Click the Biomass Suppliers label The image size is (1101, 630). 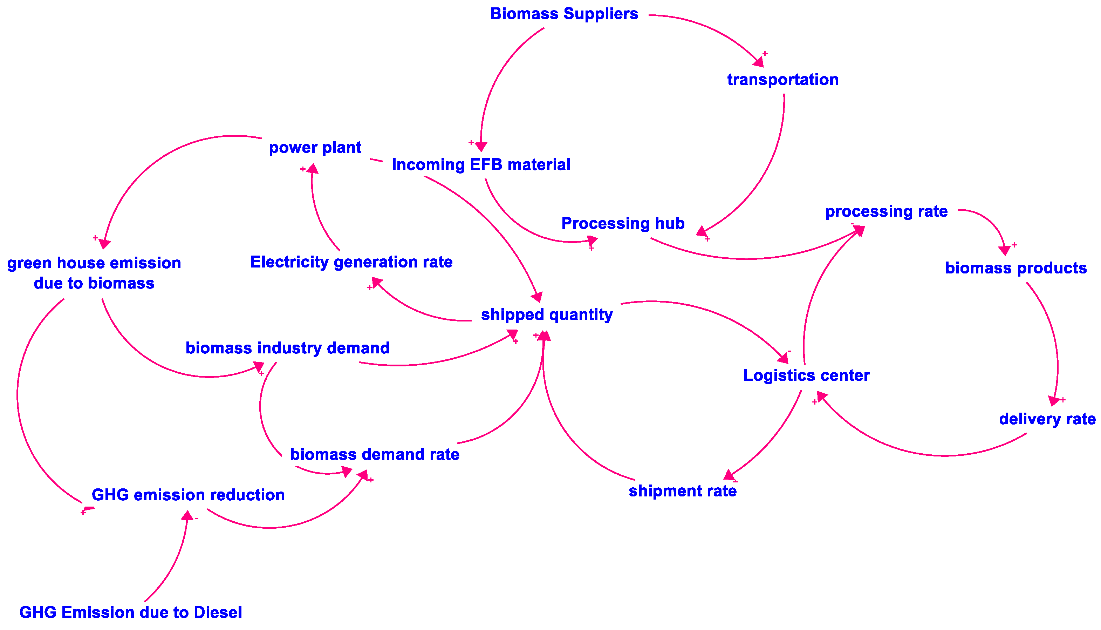click(564, 14)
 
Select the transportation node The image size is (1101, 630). click(783, 80)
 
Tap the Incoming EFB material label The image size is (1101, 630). click(481, 165)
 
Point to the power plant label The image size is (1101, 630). click(315, 148)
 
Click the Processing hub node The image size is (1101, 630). click(623, 223)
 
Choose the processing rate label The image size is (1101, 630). click(886, 211)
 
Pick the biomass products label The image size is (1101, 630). click(1016, 268)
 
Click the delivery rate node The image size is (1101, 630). click(1047, 419)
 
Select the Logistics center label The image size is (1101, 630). click(806, 375)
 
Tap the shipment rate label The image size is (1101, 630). click(682, 491)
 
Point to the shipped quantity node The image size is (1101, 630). click(547, 314)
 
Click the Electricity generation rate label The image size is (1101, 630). click(351, 262)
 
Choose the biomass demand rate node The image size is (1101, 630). click(375, 454)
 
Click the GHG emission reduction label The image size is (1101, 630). click(188, 495)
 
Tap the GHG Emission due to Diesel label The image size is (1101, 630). click(131, 612)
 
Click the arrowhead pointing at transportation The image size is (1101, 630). click(759, 62)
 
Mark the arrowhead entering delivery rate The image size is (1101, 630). click(1054, 401)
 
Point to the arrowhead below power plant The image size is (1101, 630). click(313, 169)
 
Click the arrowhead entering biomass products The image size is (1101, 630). click(1004, 250)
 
